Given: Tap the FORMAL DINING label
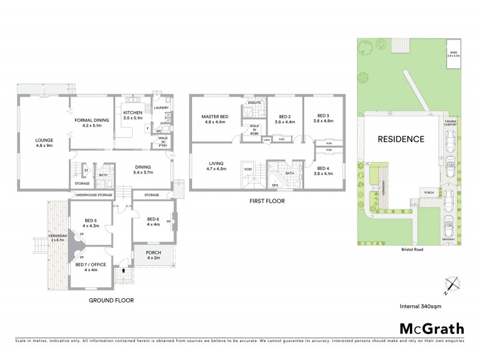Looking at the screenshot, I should [91, 120].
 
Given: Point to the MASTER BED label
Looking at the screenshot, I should [215, 116].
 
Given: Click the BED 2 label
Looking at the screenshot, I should [276, 116].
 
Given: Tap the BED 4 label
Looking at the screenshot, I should [324, 169].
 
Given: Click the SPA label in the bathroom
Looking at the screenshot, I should [275, 185].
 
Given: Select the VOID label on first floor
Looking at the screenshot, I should [248, 170].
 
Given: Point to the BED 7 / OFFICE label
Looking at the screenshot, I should [86, 266].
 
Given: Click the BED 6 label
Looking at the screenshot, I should [153, 219].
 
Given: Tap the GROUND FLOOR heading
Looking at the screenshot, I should [111, 300].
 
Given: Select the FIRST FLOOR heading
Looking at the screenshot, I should [267, 202].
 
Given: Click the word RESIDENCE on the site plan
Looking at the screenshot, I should [401, 139].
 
